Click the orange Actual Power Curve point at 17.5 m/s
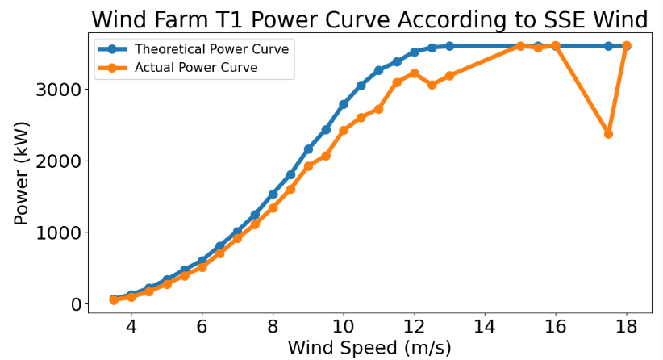pos(608,134)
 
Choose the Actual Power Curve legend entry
pos(196,68)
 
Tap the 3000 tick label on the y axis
pos(58,90)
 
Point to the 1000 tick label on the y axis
pos(58,233)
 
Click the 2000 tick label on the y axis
pos(58,161)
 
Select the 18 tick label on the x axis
pos(626,328)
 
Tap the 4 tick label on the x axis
pos(131,328)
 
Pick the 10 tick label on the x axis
pos(344,328)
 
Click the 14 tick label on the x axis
pos(485,328)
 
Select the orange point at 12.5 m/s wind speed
pos(432,85)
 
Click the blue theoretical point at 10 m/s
pos(344,104)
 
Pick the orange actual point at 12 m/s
pos(415,73)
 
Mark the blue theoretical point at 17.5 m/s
pos(608,46)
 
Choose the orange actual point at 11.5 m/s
pos(397,82)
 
